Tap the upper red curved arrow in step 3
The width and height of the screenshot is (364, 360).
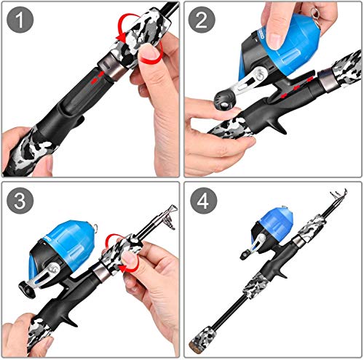click(114, 243)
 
